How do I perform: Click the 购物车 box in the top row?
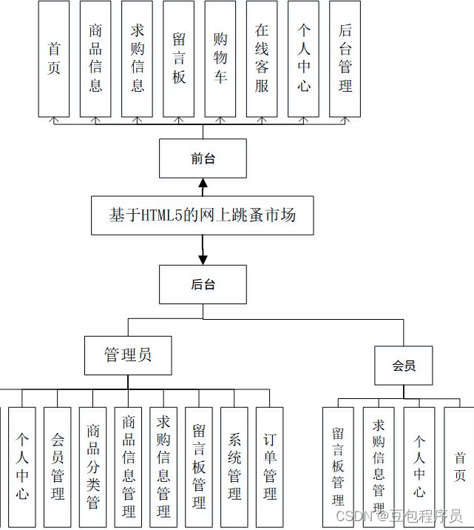(x=220, y=58)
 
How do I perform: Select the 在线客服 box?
(x=262, y=58)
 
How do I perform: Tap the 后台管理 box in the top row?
(x=345, y=58)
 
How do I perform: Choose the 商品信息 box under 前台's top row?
(x=95, y=58)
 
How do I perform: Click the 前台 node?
(x=203, y=158)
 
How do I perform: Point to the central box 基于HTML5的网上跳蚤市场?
(x=203, y=215)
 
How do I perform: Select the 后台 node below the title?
(x=203, y=284)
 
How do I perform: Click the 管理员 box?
(x=128, y=355)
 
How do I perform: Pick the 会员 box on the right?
(x=404, y=366)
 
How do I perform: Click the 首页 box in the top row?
(x=54, y=58)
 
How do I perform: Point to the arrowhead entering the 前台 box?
(x=203, y=182)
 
